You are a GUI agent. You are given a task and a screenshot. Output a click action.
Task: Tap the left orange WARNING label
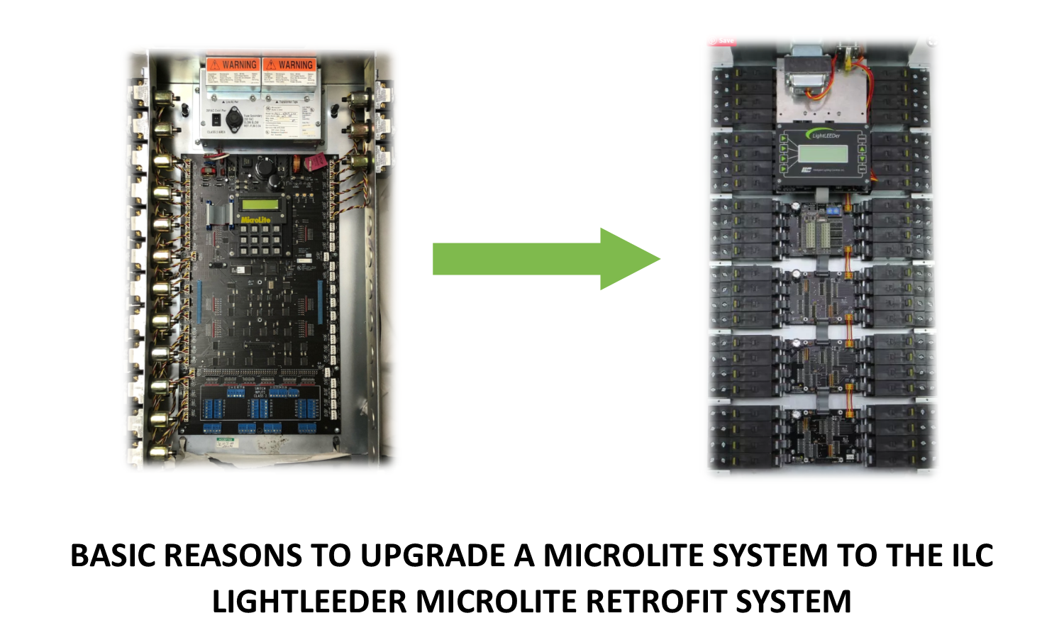point(233,65)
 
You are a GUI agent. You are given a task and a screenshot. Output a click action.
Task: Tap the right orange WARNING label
point(289,65)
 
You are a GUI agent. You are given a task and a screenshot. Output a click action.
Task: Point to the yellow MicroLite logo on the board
point(256,220)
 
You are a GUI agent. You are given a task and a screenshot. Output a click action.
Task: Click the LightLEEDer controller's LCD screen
point(822,153)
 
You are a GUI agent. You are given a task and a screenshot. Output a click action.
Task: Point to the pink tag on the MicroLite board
point(312,163)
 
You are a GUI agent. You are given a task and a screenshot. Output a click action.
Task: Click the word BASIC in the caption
point(113,556)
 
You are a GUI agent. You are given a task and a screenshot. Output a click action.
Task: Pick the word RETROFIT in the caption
point(655,602)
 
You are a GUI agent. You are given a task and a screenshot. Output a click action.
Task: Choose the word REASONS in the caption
point(233,556)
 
